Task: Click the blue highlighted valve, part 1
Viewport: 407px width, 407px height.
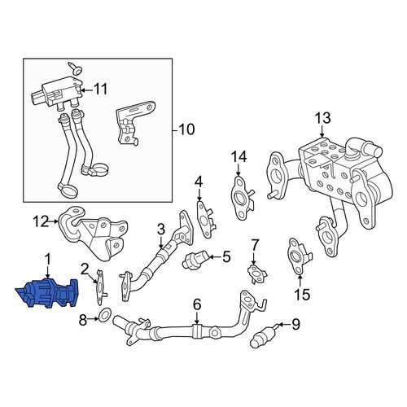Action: point(46,294)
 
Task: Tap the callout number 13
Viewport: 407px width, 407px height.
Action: point(322,118)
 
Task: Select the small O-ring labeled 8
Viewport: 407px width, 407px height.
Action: point(105,315)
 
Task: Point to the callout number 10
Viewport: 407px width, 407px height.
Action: point(187,129)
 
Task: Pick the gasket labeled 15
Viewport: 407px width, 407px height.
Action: point(299,257)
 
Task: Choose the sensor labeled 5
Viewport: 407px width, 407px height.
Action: point(196,260)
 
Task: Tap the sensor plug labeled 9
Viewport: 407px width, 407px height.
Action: point(263,336)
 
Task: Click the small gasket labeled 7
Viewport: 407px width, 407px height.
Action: point(256,274)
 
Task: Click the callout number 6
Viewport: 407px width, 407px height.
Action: point(197,304)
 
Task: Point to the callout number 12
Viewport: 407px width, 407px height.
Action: point(41,221)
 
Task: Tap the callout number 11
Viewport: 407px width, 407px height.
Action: point(100,89)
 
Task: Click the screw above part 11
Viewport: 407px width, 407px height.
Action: point(77,68)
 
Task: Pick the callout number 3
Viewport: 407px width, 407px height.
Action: point(161,230)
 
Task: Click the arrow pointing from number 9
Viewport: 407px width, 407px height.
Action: point(283,324)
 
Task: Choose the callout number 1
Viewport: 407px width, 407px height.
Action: point(47,260)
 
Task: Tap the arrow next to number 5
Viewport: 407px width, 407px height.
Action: point(215,256)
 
